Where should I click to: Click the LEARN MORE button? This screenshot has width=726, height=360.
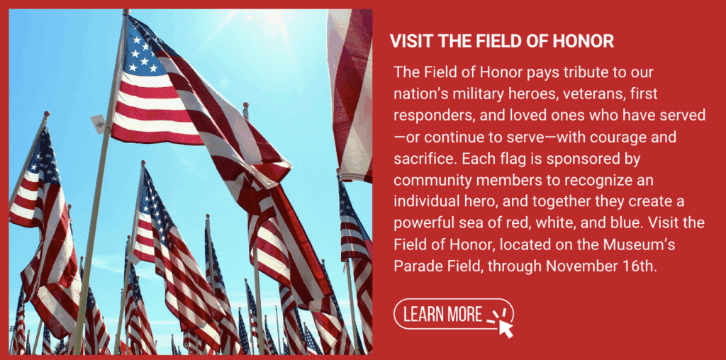point(453,314)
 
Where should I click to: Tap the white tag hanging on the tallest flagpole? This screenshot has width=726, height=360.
point(99,123)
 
